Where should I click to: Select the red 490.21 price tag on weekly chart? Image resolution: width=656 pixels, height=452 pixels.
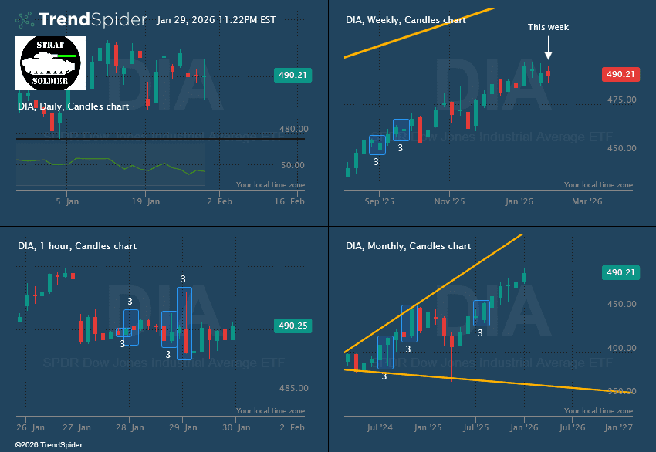pyautogui.click(x=620, y=74)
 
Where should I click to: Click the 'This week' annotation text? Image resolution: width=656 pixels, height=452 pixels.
pyautogui.click(x=548, y=27)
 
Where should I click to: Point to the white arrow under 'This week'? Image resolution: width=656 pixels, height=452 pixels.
pyautogui.click(x=548, y=50)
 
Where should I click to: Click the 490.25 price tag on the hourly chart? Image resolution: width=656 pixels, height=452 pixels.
pyautogui.click(x=292, y=326)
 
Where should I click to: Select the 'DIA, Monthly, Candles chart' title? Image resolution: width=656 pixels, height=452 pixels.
pyautogui.click(x=408, y=246)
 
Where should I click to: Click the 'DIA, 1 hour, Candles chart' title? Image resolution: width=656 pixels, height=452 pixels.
pyautogui.click(x=77, y=246)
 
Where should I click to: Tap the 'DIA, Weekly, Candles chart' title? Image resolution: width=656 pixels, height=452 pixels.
pyautogui.click(x=406, y=20)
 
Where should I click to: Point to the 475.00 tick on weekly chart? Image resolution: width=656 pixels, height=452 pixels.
pyautogui.click(x=621, y=100)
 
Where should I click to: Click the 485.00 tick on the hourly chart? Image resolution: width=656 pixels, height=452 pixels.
pyautogui.click(x=292, y=388)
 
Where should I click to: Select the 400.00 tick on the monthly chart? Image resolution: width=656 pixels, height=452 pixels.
pyautogui.click(x=621, y=349)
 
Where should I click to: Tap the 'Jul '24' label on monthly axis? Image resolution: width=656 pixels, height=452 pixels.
pyautogui.click(x=380, y=427)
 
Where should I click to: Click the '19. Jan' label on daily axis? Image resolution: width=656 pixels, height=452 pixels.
pyautogui.click(x=145, y=201)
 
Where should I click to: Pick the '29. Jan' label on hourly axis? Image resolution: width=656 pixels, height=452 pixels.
pyautogui.click(x=182, y=427)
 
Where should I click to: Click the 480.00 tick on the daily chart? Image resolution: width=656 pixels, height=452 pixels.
pyautogui.click(x=292, y=129)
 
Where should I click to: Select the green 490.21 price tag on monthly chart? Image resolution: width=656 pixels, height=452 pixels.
pyautogui.click(x=620, y=272)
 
